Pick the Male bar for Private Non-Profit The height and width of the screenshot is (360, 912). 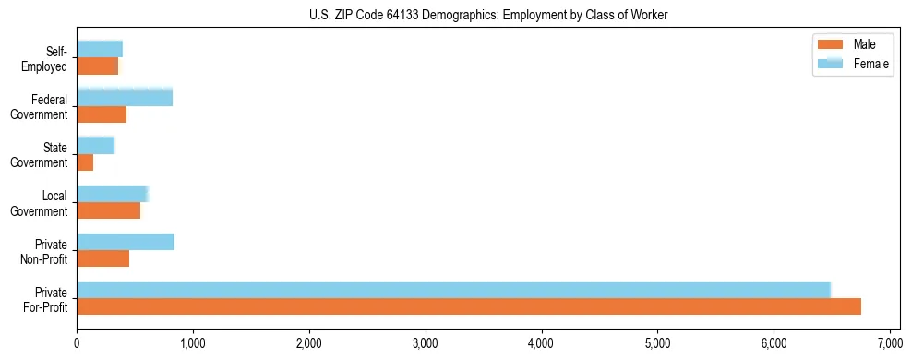pyautogui.click(x=103, y=258)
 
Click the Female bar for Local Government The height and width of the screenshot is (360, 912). pyautogui.click(x=113, y=194)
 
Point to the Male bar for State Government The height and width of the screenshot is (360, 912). pyautogui.click(x=85, y=162)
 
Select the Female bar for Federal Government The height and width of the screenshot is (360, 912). pyautogui.click(x=125, y=97)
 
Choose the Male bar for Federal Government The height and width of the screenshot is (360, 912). pyautogui.click(x=102, y=114)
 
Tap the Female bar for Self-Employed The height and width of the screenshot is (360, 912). pyautogui.click(x=100, y=49)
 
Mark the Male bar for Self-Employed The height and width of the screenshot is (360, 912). pyautogui.click(x=98, y=66)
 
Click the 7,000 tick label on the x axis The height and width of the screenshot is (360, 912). pyautogui.click(x=890, y=343)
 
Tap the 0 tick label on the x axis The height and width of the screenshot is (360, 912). pyautogui.click(x=77, y=343)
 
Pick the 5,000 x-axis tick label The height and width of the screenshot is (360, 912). pyautogui.click(x=657, y=343)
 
